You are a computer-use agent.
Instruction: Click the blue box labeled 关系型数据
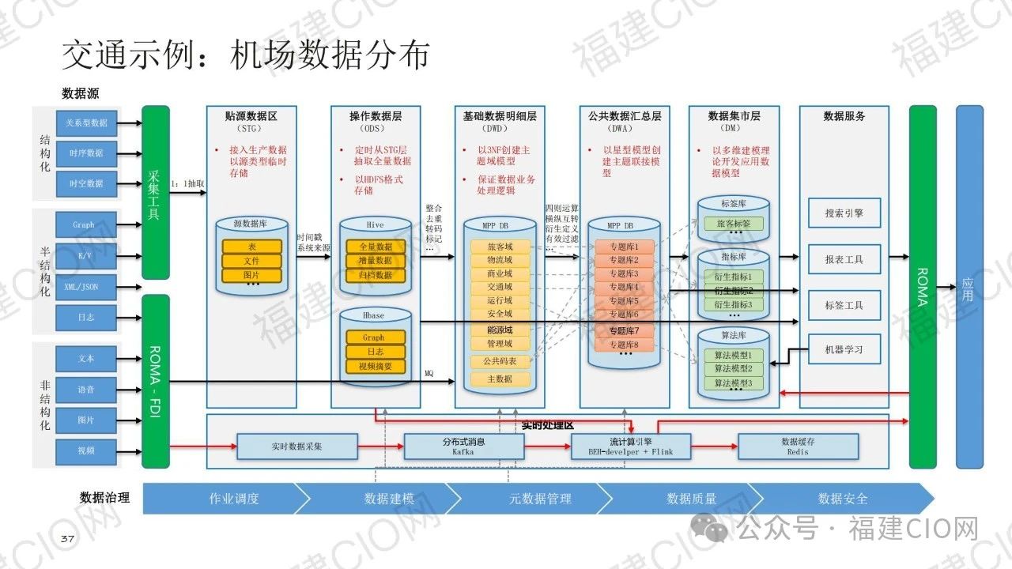(x=87, y=122)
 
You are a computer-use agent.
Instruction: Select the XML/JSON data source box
(x=87, y=287)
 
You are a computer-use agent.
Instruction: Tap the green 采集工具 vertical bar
(x=156, y=192)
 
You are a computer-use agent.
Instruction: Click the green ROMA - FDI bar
(x=156, y=381)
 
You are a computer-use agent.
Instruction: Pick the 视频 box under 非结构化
(x=87, y=450)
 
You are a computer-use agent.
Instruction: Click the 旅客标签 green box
(x=734, y=224)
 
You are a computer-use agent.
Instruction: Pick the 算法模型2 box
(x=734, y=369)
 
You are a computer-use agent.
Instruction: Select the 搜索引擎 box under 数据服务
(x=844, y=213)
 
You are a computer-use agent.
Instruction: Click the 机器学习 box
(x=844, y=349)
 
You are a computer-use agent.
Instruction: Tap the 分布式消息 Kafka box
(x=463, y=447)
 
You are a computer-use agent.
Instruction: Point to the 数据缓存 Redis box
(x=798, y=447)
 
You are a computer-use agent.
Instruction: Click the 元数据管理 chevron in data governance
(x=539, y=499)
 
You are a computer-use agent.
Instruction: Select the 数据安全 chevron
(x=843, y=499)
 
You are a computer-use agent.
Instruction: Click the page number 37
(x=68, y=539)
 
